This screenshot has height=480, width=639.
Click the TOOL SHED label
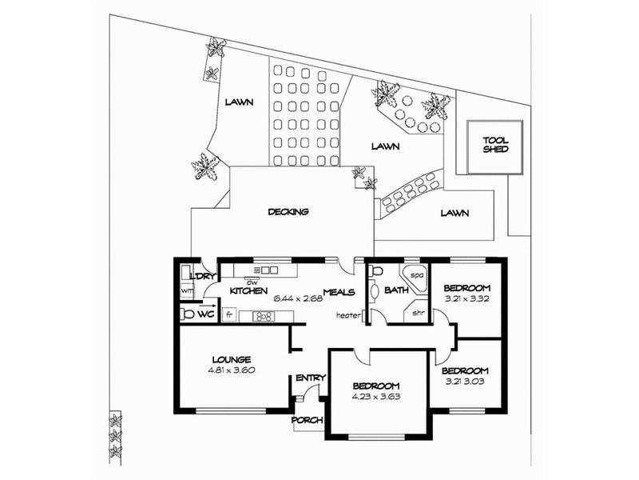(495, 145)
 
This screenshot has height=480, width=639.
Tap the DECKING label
(288, 212)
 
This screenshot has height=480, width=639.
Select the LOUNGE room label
(232, 359)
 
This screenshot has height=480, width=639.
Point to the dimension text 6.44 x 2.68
(298, 298)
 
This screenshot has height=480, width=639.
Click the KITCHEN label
(248, 291)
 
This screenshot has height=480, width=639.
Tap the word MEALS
(339, 292)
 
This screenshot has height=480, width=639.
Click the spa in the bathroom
(414, 278)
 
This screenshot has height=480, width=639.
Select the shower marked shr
(415, 311)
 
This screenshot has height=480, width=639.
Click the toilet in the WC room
(188, 314)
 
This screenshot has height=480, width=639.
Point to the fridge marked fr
(229, 315)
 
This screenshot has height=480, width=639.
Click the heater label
(348, 315)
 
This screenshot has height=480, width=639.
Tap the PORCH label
(308, 420)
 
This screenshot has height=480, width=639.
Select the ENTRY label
(311, 378)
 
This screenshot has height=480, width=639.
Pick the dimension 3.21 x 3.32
(466, 298)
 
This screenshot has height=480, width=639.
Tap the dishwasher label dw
(252, 282)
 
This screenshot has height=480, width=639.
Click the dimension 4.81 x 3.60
(231, 370)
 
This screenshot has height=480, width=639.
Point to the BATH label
(396, 290)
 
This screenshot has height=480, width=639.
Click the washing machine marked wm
(187, 290)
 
